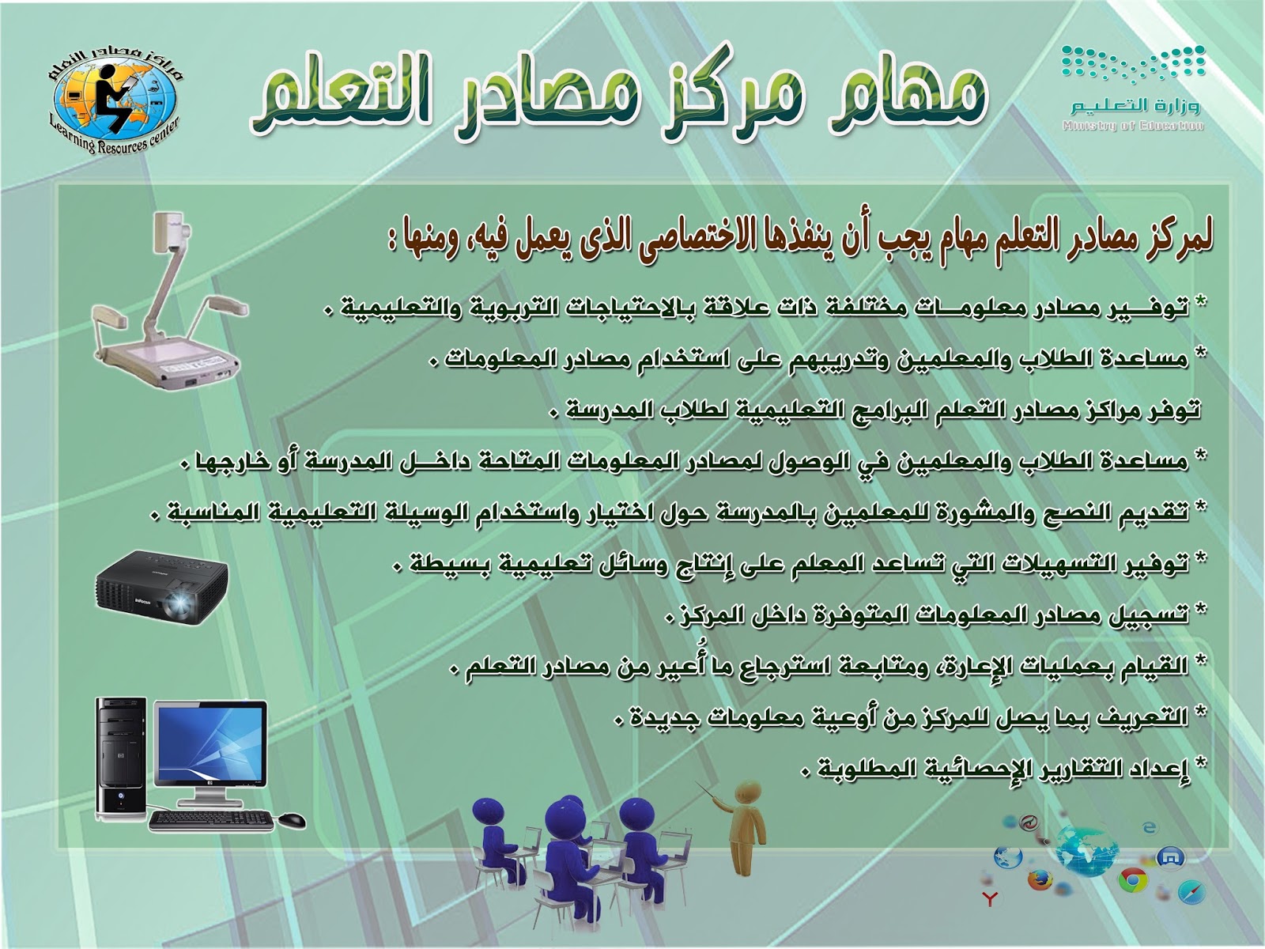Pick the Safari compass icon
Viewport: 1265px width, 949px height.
tap(1188, 892)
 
